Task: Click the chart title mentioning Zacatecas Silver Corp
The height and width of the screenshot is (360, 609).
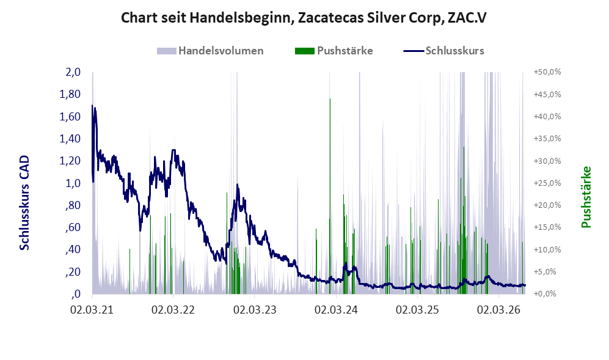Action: [x=304, y=18]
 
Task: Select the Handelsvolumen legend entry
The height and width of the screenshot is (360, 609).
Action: [x=210, y=51]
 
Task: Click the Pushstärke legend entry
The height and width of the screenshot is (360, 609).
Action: [x=334, y=51]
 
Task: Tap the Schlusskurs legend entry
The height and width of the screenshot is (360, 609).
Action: [x=444, y=51]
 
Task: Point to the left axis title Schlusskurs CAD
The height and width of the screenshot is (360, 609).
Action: [x=24, y=202]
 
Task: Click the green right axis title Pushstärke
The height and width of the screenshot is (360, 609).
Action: [x=586, y=197]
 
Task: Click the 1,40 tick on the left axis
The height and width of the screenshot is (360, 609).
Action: [x=70, y=138]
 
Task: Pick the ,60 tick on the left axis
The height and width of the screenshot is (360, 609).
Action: [x=73, y=227]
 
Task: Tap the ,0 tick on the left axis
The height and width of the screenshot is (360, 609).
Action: [x=76, y=294]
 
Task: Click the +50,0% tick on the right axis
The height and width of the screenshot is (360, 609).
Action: [x=547, y=72]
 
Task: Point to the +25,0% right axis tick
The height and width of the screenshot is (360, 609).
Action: [x=547, y=183]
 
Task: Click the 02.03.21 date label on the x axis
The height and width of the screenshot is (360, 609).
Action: [x=92, y=310]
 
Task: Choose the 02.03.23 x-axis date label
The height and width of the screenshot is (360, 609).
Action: [x=254, y=310]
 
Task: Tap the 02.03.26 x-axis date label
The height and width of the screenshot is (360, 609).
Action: [x=498, y=310]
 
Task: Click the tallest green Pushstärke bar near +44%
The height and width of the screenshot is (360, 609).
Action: [x=330, y=196]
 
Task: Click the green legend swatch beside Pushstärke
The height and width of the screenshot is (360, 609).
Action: [x=304, y=51]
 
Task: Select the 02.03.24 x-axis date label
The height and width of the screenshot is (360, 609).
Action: [x=336, y=310]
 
